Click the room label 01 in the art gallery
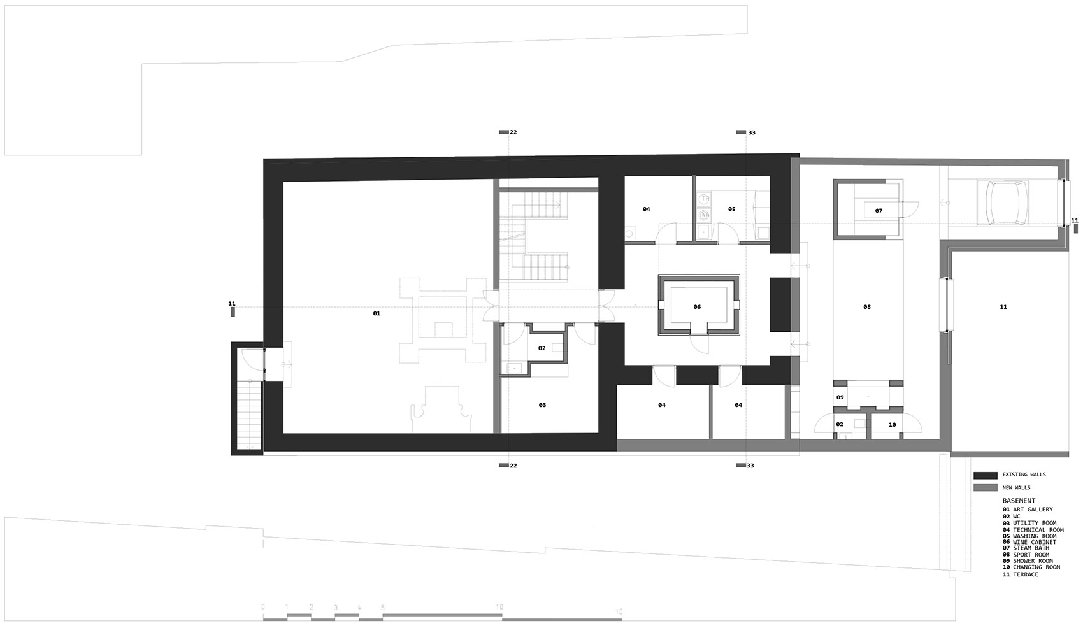[377, 313]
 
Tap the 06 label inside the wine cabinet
[697, 307]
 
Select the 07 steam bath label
[879, 211]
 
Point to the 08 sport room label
[867, 307]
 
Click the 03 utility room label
[542, 405]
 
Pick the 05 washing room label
[732, 209]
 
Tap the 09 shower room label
[840, 397]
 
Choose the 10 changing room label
[892, 425]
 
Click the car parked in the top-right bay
[1006, 203]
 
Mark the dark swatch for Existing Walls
[985, 475]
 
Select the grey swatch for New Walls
[985, 488]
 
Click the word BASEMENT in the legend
[1019, 501]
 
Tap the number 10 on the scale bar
[499, 607]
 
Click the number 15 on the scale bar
[619, 611]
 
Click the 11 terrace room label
[1003, 307]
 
